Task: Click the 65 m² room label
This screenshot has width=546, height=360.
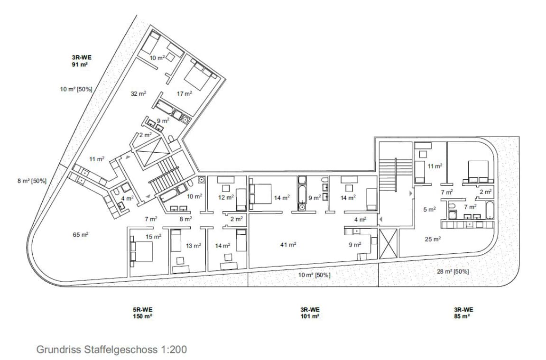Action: (80, 235)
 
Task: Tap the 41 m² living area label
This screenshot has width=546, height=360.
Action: (288, 245)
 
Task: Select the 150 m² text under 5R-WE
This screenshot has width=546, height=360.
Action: (142, 316)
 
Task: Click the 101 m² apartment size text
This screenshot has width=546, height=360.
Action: (310, 316)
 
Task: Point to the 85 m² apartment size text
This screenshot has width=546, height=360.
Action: (463, 316)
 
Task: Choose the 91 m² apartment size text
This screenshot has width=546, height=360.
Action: (80, 65)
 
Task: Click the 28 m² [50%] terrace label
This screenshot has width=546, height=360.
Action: (453, 272)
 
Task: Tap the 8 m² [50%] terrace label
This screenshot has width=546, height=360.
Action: (32, 181)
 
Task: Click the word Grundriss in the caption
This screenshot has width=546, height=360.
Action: (59, 349)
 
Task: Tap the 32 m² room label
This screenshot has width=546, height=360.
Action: (138, 93)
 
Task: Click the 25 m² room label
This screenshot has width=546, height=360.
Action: (433, 239)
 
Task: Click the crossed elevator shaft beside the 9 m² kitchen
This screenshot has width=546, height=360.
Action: (388, 244)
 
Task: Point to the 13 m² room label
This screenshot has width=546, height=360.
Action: (193, 246)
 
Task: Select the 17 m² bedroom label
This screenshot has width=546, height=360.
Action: (184, 93)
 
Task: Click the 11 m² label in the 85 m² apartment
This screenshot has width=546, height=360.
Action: (435, 166)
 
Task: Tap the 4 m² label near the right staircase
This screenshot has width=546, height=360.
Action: (360, 220)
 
